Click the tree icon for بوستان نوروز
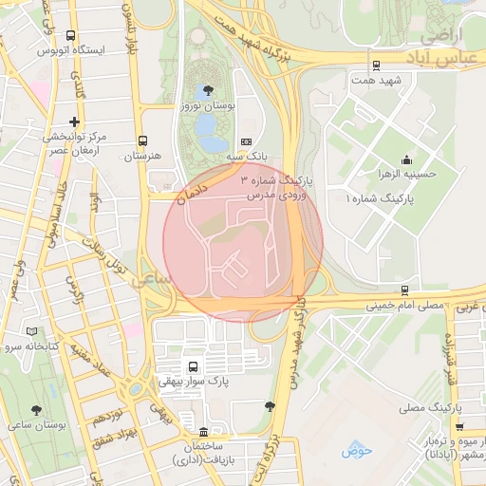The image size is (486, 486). click(208, 90)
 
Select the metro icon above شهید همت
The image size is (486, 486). click(377, 66)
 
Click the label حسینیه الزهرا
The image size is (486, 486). click(406, 175)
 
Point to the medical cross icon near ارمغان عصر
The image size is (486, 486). click(74, 121)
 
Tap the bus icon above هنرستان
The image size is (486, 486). click(142, 140)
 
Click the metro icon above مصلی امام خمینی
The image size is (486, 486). click(405, 290)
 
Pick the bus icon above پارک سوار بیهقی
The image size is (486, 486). click(194, 366)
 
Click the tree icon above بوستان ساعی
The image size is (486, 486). click(36, 410)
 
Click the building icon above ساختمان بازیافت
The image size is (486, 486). click(203, 429)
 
